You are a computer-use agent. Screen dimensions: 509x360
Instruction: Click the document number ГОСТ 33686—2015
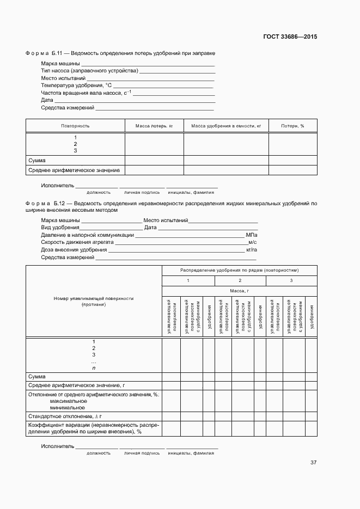coord(290,37)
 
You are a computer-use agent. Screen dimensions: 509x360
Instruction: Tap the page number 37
coord(313,463)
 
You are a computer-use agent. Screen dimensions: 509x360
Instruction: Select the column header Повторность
coord(75,126)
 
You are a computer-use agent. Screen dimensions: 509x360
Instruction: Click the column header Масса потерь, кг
coord(154,126)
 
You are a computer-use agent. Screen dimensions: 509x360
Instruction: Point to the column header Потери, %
coord(292,126)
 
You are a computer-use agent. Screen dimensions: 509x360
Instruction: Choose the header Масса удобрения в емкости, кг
coord(226,126)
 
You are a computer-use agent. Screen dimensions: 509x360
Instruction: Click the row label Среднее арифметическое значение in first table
coord(74,170)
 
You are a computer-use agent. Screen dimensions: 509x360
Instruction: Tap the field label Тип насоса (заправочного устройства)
coord(89,71)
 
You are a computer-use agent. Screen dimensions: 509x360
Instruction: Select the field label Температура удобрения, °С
coord(76,85)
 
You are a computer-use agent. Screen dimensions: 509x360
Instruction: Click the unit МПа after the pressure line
coord(251,235)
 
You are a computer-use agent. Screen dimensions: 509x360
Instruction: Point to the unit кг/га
coord(251,249)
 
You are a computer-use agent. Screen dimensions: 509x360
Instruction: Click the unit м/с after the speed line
coord(252,242)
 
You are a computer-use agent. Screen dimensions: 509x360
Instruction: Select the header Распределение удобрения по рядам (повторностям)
coord(239,270)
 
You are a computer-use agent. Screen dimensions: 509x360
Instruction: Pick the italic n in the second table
coord(94,368)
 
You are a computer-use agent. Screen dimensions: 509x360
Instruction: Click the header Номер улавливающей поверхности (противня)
coord(94,302)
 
